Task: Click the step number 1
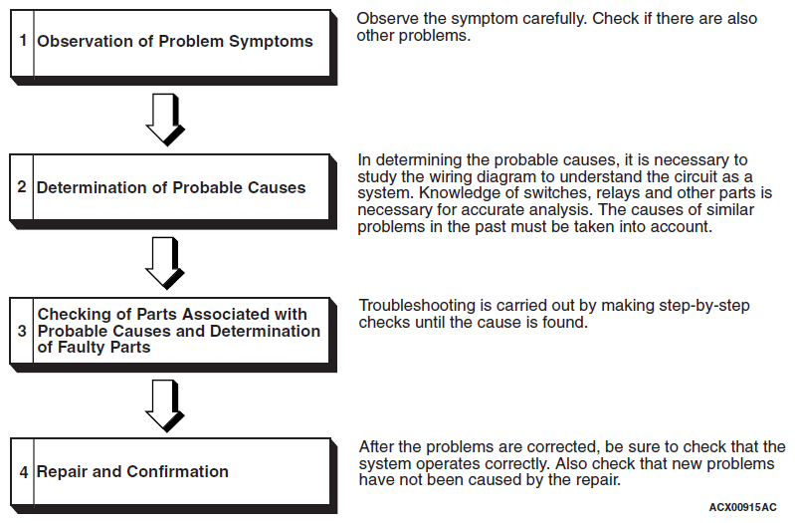click(x=23, y=40)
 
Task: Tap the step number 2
click(x=22, y=187)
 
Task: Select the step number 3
click(x=22, y=331)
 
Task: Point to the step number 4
click(x=23, y=472)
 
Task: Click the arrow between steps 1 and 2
click(x=165, y=120)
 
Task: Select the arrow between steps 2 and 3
click(x=165, y=263)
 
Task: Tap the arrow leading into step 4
click(x=165, y=406)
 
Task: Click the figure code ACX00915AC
click(x=742, y=507)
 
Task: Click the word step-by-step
click(x=704, y=306)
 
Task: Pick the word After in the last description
click(x=376, y=447)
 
